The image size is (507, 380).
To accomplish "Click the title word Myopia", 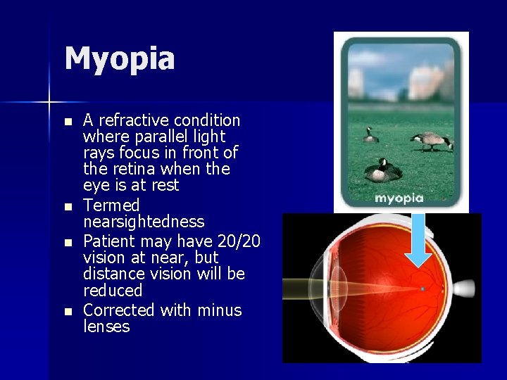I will tap(120, 59).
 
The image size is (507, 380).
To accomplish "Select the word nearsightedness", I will tap(144, 222).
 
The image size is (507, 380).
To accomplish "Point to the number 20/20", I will tap(239, 241).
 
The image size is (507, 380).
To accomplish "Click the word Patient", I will tap(107, 241).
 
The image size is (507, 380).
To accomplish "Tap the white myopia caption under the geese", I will tap(399, 198).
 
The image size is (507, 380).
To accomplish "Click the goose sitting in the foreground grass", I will tap(382, 170).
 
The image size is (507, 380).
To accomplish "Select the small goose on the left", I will tap(370, 134).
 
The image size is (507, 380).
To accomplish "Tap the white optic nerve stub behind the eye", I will tap(466, 289).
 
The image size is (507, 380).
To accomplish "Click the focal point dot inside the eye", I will tap(423, 289).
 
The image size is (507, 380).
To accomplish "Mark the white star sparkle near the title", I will tap(50, 103).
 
